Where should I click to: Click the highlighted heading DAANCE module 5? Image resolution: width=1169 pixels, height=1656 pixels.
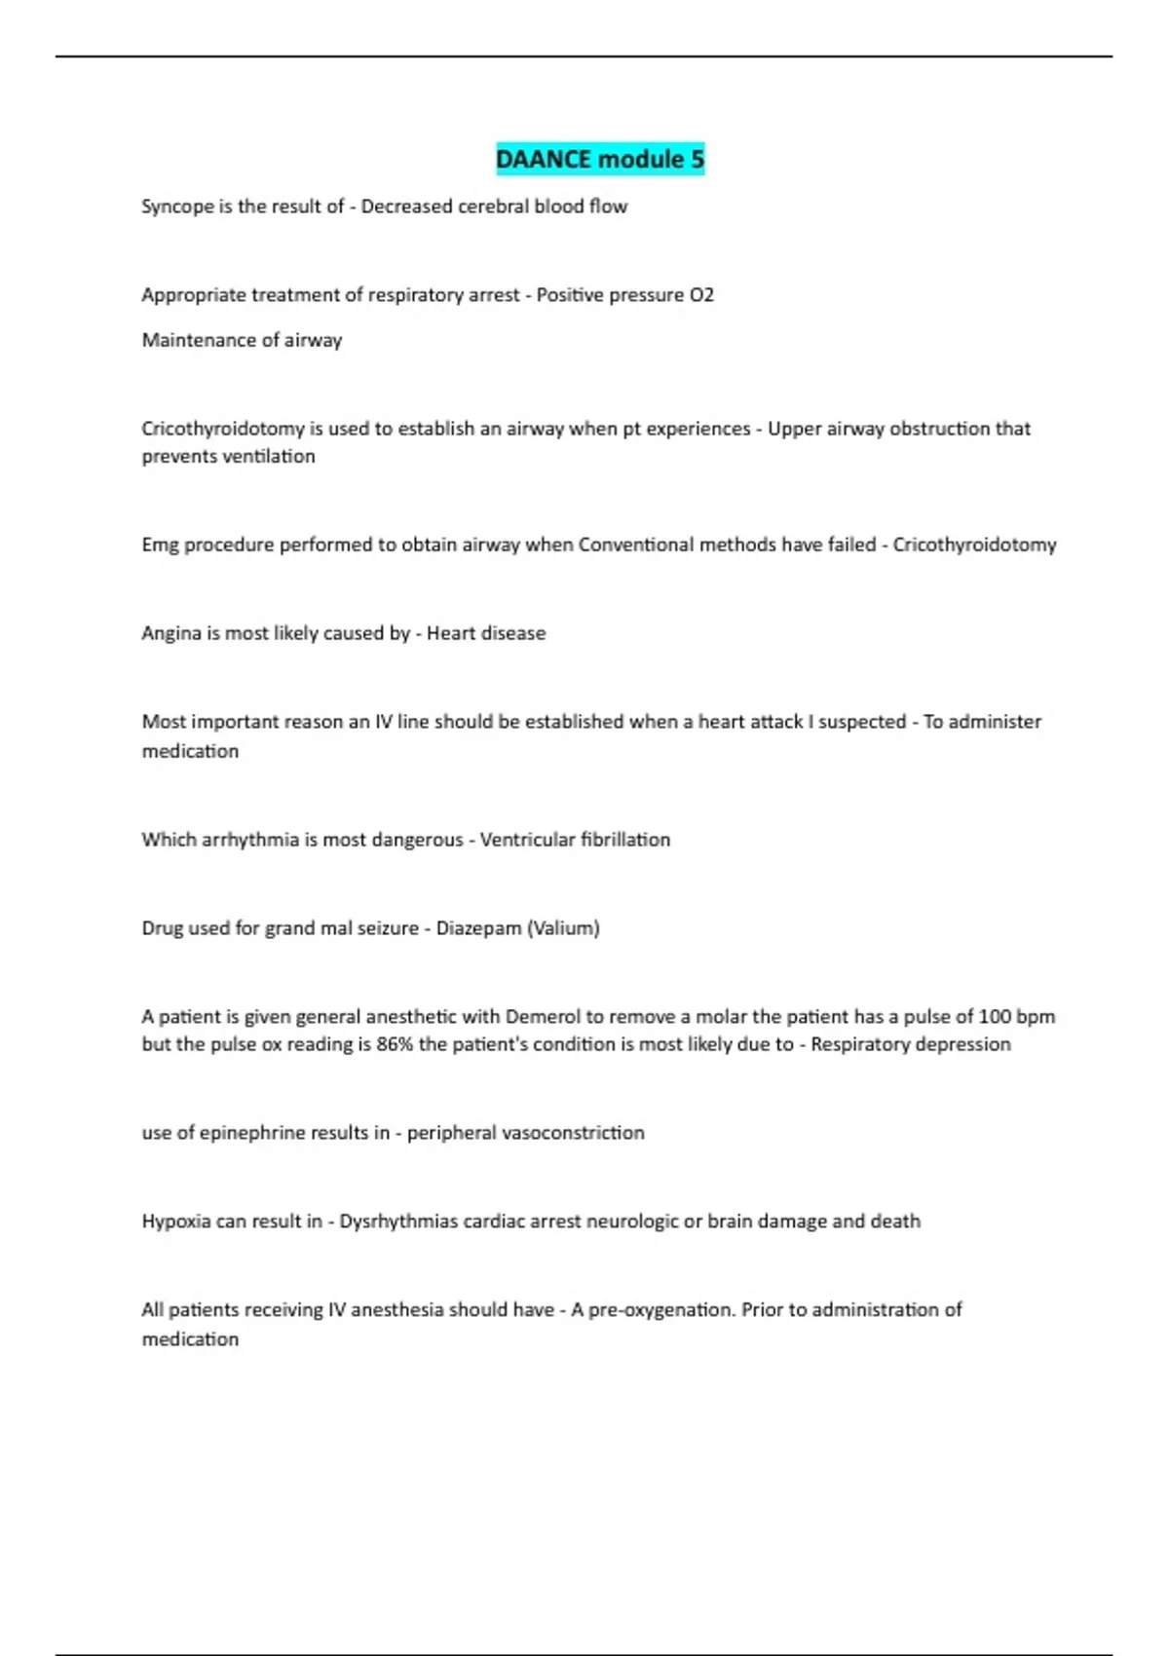pyautogui.click(x=600, y=159)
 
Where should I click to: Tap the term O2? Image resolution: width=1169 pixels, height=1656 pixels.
pyautogui.click(x=701, y=295)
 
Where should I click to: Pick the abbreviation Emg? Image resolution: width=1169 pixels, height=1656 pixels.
pyautogui.click(x=160, y=546)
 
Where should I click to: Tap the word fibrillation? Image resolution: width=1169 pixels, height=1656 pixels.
pyautogui.click(x=624, y=840)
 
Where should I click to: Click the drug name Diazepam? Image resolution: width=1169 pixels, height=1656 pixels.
pyautogui.click(x=478, y=928)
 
